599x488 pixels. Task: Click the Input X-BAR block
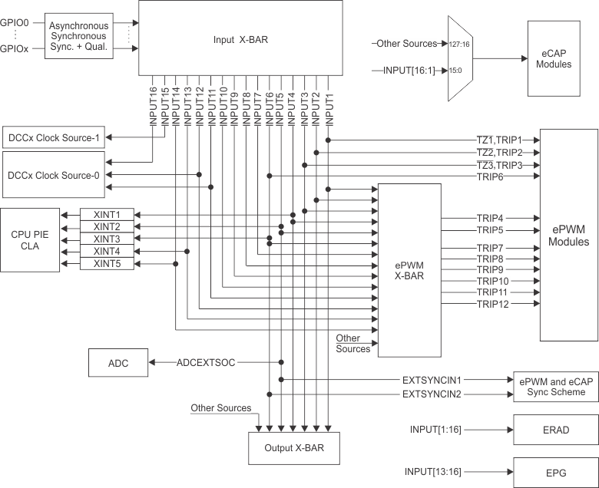click(240, 38)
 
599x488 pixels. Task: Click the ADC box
click(119, 362)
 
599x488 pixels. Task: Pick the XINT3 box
click(107, 239)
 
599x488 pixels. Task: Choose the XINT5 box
click(107, 263)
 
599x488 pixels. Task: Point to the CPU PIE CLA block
click(30, 238)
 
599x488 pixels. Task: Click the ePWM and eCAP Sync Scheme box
click(555, 386)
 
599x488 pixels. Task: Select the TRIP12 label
click(491, 305)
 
